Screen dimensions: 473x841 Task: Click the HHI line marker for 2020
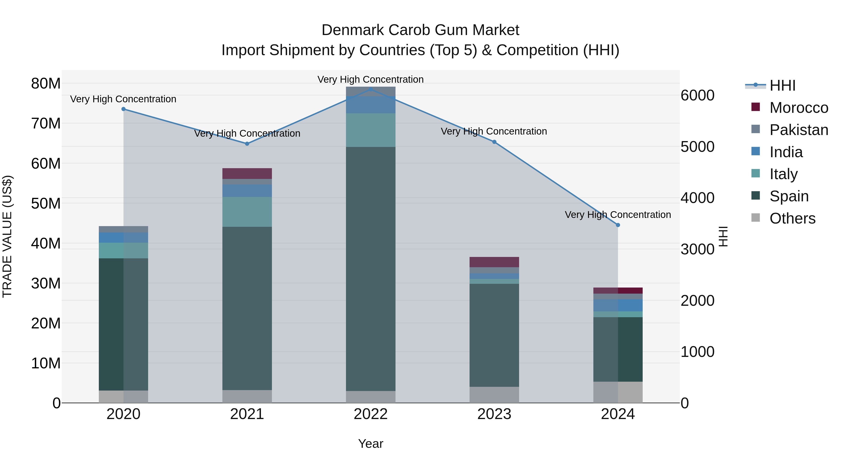[123, 109]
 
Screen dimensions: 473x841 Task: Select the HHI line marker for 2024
[618, 225]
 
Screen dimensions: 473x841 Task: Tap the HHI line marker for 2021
[247, 144]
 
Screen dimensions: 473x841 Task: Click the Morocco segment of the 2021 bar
[247, 174]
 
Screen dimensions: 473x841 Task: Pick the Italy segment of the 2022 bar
[371, 130]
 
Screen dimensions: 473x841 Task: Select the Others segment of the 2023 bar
[494, 395]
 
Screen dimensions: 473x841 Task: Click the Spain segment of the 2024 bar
[618, 349]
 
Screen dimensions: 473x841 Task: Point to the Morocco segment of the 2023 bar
[494, 262]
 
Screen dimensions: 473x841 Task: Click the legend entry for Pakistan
[798, 130]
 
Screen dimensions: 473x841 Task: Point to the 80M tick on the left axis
[46, 84]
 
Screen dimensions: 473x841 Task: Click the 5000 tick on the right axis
[697, 147]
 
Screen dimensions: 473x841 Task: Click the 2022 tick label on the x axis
[371, 414]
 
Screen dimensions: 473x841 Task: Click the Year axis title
[371, 444]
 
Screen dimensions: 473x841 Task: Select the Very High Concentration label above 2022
[371, 79]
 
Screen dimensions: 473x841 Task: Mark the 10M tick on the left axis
[46, 363]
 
